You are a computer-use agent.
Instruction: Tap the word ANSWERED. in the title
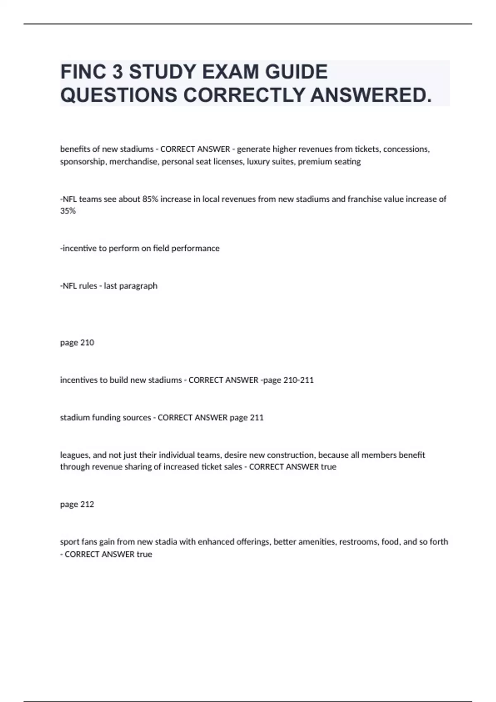click(371, 95)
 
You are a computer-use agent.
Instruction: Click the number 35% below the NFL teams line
click(68, 211)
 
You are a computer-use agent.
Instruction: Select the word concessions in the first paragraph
click(406, 149)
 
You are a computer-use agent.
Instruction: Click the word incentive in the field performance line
click(79, 248)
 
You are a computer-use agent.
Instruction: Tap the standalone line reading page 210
click(77, 342)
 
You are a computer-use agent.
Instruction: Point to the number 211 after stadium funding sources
click(256, 417)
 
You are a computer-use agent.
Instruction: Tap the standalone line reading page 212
click(77, 504)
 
